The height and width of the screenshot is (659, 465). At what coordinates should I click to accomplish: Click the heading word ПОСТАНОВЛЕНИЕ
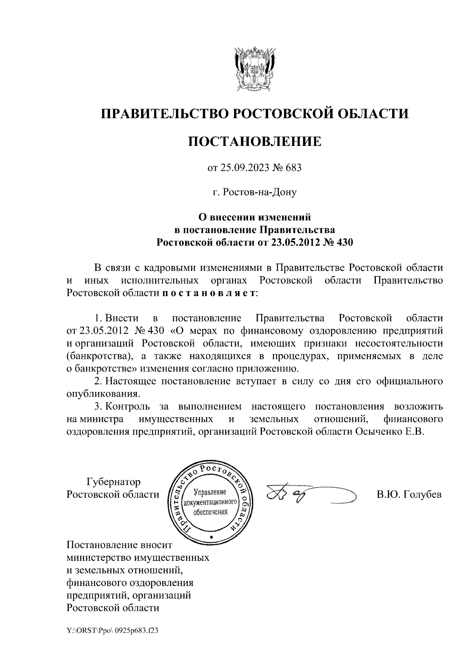[255, 141]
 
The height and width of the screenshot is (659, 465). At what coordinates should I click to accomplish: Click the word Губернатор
[113, 482]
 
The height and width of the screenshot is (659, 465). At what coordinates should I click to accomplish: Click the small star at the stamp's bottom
[211, 537]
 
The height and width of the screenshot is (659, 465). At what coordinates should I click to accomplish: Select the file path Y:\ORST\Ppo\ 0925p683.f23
[112, 631]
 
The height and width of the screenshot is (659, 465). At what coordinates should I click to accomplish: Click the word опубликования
[103, 394]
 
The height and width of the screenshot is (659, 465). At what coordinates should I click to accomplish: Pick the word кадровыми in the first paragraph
[170, 268]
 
